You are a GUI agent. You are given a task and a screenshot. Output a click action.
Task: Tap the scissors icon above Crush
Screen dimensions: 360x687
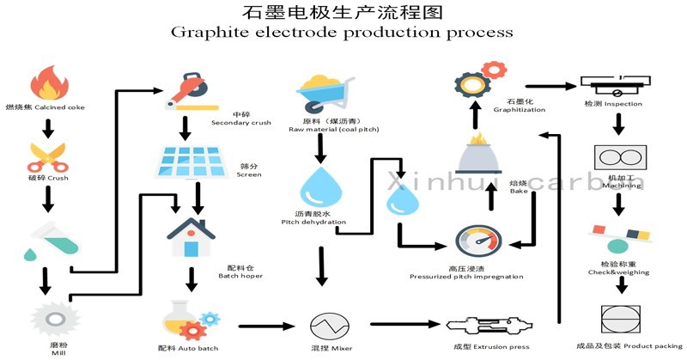48,156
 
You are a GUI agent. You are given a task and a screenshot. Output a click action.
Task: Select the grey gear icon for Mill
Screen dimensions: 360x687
48,317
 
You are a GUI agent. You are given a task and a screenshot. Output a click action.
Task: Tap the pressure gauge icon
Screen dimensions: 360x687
476,241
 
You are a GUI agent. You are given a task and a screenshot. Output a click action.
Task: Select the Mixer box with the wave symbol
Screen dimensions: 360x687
327,326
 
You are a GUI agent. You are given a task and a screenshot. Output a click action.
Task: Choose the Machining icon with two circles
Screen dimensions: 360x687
617,159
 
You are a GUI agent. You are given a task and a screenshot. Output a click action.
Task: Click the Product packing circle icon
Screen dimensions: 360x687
617,316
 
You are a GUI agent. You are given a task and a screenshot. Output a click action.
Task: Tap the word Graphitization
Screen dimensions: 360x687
520,110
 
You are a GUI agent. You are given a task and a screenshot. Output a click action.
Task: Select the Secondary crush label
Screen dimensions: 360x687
240,123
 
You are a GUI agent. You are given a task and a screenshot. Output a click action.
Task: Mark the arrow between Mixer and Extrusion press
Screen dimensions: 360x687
404,326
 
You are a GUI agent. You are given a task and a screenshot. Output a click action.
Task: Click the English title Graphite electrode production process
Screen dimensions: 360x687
342,33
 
